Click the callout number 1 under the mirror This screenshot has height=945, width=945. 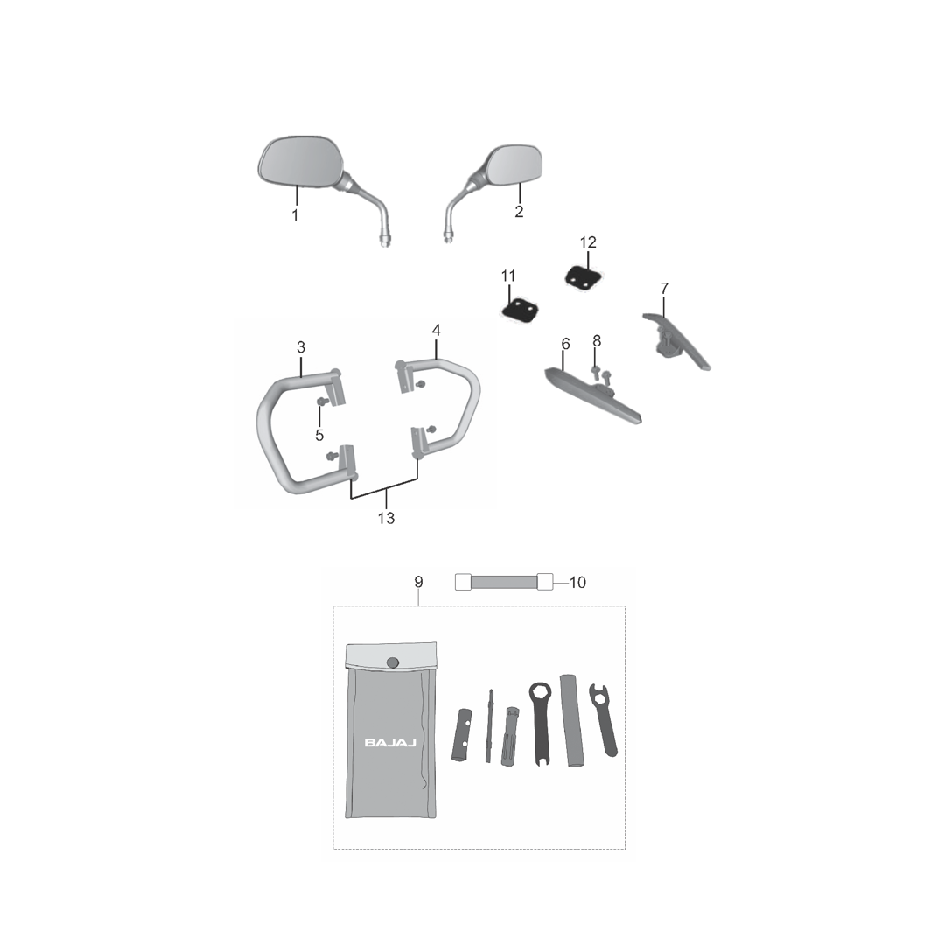[296, 214]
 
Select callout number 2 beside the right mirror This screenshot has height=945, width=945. [519, 212]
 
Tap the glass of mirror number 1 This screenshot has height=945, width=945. [299, 162]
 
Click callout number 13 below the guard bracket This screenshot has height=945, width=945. [387, 518]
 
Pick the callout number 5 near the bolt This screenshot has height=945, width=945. [319, 435]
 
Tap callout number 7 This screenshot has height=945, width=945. [664, 288]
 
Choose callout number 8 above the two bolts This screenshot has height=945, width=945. [597, 341]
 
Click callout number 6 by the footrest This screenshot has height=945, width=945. [565, 344]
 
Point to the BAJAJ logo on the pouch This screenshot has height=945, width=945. [390, 743]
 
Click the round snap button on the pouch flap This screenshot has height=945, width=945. [392, 663]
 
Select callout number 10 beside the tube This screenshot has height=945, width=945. [578, 582]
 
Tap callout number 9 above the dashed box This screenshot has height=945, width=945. [419, 582]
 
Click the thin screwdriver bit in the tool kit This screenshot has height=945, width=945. [489, 725]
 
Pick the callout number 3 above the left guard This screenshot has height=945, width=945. [301, 347]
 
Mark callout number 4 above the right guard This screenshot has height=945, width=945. [437, 330]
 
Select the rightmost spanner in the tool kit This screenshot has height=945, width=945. [604, 719]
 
